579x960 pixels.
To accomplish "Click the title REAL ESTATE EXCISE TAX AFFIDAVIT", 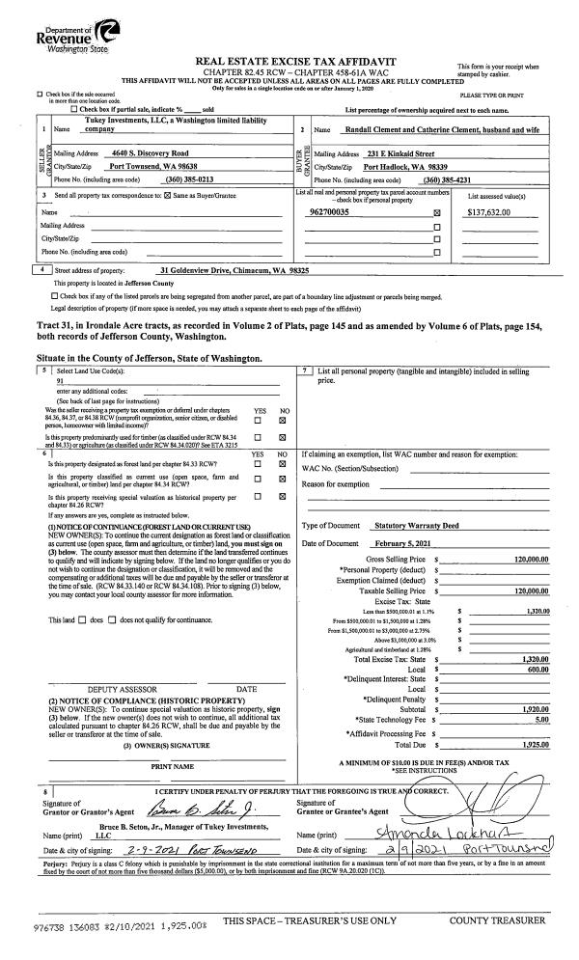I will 289,61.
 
